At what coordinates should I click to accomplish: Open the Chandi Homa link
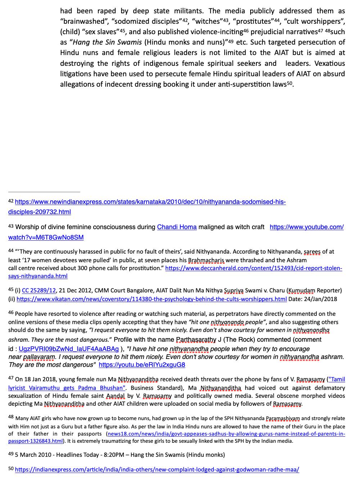(x=177, y=227)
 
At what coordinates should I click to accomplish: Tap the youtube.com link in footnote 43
(x=306, y=227)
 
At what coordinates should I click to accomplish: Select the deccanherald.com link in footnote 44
(x=253, y=268)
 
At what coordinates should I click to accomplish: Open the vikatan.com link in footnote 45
(x=152, y=299)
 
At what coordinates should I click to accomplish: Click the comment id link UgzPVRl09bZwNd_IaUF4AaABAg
(x=68, y=349)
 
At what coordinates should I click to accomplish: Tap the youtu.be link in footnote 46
(x=142, y=365)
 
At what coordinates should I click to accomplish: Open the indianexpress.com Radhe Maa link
(x=157, y=469)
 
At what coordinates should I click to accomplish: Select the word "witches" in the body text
(x=208, y=21)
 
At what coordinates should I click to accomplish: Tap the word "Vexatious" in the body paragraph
(x=329, y=63)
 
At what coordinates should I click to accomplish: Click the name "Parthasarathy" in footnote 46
(x=196, y=340)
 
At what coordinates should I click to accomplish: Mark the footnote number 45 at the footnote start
(x=11, y=290)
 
